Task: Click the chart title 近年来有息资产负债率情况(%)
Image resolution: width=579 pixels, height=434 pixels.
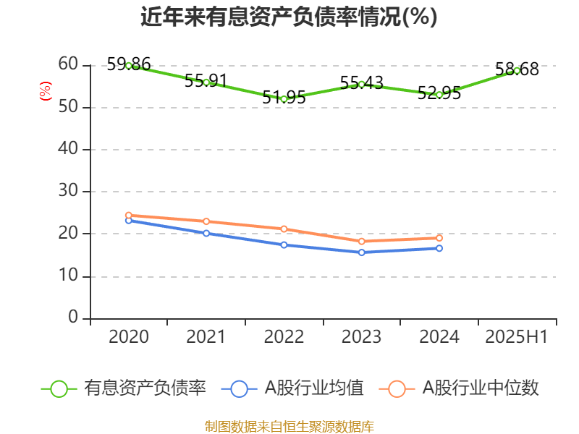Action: point(289,17)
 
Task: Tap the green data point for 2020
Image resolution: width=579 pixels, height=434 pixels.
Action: point(129,66)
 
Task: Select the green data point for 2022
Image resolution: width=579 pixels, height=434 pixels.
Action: point(284,99)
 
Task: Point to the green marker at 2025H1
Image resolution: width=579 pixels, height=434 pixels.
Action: point(517,71)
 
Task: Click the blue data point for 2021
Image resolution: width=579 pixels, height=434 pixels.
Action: point(206,233)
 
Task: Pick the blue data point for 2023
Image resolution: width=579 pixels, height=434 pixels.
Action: point(361,252)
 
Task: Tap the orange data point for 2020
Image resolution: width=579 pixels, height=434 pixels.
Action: point(129,216)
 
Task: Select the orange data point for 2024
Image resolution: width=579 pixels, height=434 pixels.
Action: point(439,238)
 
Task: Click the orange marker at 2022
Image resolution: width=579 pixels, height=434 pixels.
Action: point(284,229)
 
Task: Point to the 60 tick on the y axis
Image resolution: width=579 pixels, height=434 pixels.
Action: point(68,64)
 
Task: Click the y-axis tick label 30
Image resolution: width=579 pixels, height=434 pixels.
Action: point(68,191)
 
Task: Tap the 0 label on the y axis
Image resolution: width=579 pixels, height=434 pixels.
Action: point(73,318)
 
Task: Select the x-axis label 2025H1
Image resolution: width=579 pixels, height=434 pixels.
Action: point(517,337)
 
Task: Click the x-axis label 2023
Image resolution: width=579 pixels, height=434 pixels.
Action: point(361,337)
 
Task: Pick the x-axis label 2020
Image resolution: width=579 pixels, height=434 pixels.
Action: point(129,337)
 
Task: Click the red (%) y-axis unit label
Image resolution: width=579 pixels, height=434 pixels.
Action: point(46,91)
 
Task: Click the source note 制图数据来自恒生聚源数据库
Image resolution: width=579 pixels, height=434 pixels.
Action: point(289,426)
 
